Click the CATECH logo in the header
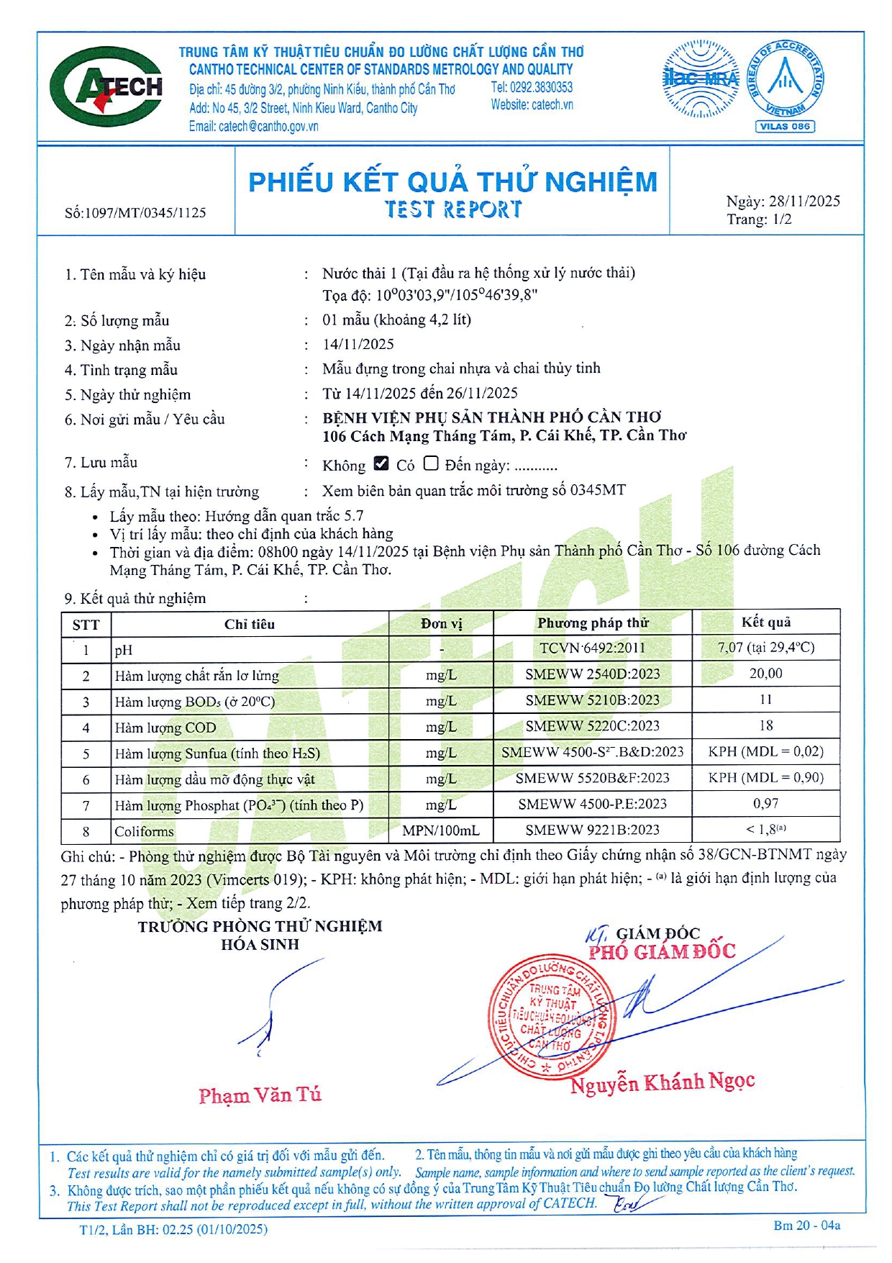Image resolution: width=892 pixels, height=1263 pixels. click(106, 87)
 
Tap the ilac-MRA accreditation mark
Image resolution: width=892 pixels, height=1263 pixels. click(700, 79)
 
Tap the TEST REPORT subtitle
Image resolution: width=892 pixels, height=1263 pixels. click(452, 209)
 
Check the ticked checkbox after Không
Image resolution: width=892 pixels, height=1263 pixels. click(381, 463)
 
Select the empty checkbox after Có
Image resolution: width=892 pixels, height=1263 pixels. click(430, 463)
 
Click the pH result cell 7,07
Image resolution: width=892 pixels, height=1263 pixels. click(765, 648)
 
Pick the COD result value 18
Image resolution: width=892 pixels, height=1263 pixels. click(765, 726)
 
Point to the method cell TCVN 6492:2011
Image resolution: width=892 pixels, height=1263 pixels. click(592, 648)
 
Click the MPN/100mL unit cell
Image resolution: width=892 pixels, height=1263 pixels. click(440, 830)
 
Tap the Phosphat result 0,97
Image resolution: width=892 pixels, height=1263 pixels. click(765, 804)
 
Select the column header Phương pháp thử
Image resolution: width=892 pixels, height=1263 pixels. click(592, 623)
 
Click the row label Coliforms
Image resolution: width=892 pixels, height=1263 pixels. click(144, 832)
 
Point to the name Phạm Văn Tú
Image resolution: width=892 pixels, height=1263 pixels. click(260, 1095)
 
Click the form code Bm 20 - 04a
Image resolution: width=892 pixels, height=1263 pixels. click(806, 1226)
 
